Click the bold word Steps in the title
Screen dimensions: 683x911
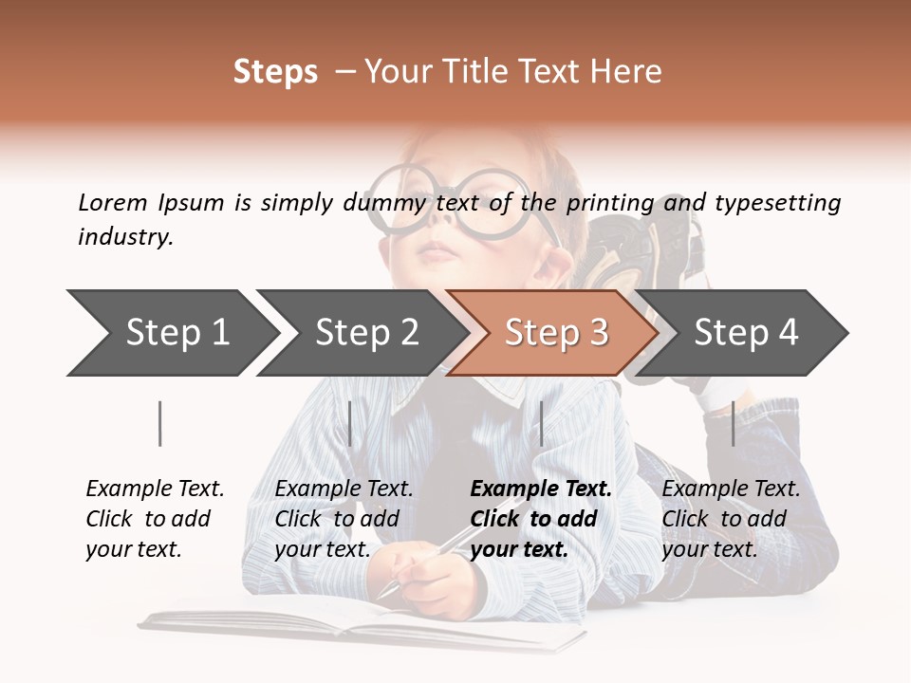pos(275,72)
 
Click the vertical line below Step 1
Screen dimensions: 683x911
pos(159,423)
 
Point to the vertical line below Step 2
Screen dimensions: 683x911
pos(350,423)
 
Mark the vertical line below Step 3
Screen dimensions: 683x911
pos(541,423)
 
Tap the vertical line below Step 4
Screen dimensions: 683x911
pos(733,423)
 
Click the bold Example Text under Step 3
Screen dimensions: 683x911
pos(541,489)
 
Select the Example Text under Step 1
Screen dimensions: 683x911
pos(155,489)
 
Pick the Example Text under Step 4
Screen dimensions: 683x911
pos(731,489)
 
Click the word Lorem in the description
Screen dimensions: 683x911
pos(113,203)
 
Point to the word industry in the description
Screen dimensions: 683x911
pos(125,237)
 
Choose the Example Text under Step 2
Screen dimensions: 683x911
pos(344,489)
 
